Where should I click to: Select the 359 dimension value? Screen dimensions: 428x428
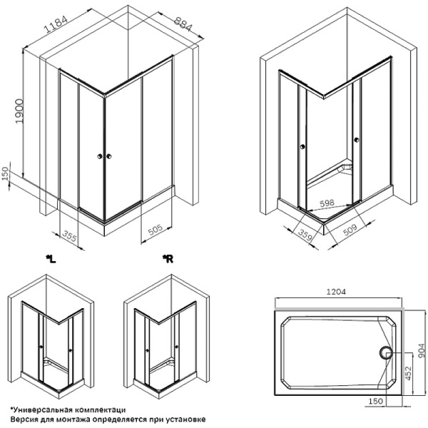307,235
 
